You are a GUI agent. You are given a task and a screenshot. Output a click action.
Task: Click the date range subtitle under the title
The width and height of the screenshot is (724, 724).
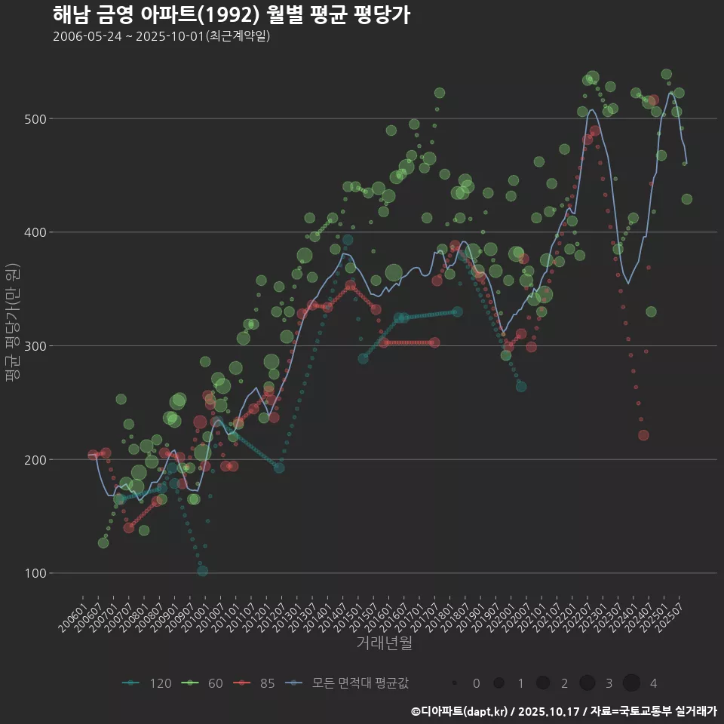[161, 36]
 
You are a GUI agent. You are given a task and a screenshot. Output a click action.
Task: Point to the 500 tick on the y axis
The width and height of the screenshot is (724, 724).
[36, 119]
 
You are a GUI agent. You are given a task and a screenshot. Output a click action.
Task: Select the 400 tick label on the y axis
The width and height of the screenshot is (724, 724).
[36, 232]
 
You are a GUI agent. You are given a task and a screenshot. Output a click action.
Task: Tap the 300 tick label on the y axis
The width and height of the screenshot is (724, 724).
[36, 346]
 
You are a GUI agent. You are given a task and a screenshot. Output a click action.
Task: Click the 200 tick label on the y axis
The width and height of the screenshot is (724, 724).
[36, 459]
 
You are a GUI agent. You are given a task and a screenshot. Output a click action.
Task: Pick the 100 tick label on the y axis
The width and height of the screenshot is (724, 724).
[36, 573]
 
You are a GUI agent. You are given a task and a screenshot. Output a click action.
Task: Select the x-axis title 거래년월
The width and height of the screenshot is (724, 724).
[384, 643]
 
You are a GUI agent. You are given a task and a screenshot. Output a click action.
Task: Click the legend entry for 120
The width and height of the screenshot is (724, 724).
[147, 683]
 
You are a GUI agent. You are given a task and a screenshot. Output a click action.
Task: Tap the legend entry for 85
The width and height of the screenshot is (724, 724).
[255, 683]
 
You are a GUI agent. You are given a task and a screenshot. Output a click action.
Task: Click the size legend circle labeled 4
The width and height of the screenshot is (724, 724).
[631, 683]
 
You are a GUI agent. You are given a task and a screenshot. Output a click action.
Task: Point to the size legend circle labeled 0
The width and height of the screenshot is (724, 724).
[455, 683]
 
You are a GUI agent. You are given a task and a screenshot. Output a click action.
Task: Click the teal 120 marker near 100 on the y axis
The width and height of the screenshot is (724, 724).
[202, 571]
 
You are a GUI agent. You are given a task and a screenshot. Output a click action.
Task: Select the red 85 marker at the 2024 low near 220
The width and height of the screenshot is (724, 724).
[643, 435]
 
